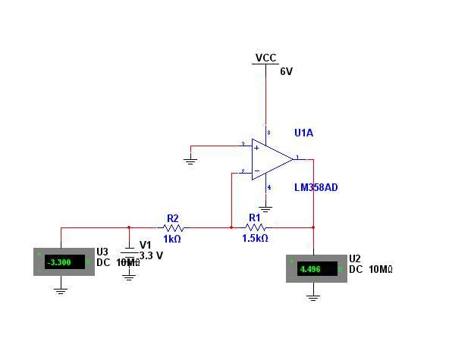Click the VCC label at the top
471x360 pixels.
[265, 58]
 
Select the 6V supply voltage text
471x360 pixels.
[286, 72]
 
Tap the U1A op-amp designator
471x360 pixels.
[303, 133]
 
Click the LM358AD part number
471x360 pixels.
[316, 187]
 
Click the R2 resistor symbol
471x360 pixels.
[173, 227]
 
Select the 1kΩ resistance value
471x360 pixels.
[172, 239]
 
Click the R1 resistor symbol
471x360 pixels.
[255, 227]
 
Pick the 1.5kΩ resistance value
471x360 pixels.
[255, 239]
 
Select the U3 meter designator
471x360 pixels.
[102, 252]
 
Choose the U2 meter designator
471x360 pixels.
[355, 258]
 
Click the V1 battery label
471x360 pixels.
[146, 245]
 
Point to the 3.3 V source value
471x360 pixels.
[151, 256]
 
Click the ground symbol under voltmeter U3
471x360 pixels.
[61, 290]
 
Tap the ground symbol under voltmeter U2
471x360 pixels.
[313, 296]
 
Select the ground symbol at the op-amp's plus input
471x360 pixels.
[190, 161]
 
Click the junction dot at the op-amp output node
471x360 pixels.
[313, 227]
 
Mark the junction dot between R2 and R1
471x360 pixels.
[231, 227]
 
